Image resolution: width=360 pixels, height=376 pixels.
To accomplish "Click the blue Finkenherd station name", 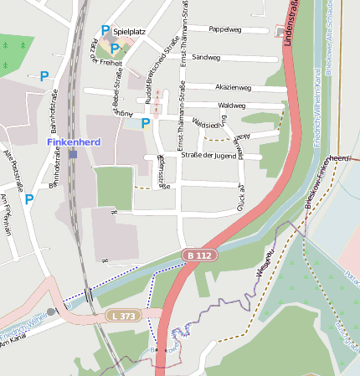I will [74, 142].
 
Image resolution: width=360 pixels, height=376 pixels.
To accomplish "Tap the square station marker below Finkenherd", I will [74, 154].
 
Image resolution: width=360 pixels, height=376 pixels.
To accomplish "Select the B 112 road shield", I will [197, 255].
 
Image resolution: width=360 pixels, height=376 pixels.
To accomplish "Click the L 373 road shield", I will [123, 315].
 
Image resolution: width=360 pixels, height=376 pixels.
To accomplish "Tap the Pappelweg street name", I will [224, 28].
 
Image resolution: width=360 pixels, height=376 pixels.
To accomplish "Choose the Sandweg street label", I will [206, 58].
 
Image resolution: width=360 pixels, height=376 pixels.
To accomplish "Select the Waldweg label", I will [231, 106].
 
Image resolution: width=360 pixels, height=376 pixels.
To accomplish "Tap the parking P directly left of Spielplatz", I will [105, 30].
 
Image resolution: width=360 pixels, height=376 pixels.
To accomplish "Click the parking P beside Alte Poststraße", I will [29, 199].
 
